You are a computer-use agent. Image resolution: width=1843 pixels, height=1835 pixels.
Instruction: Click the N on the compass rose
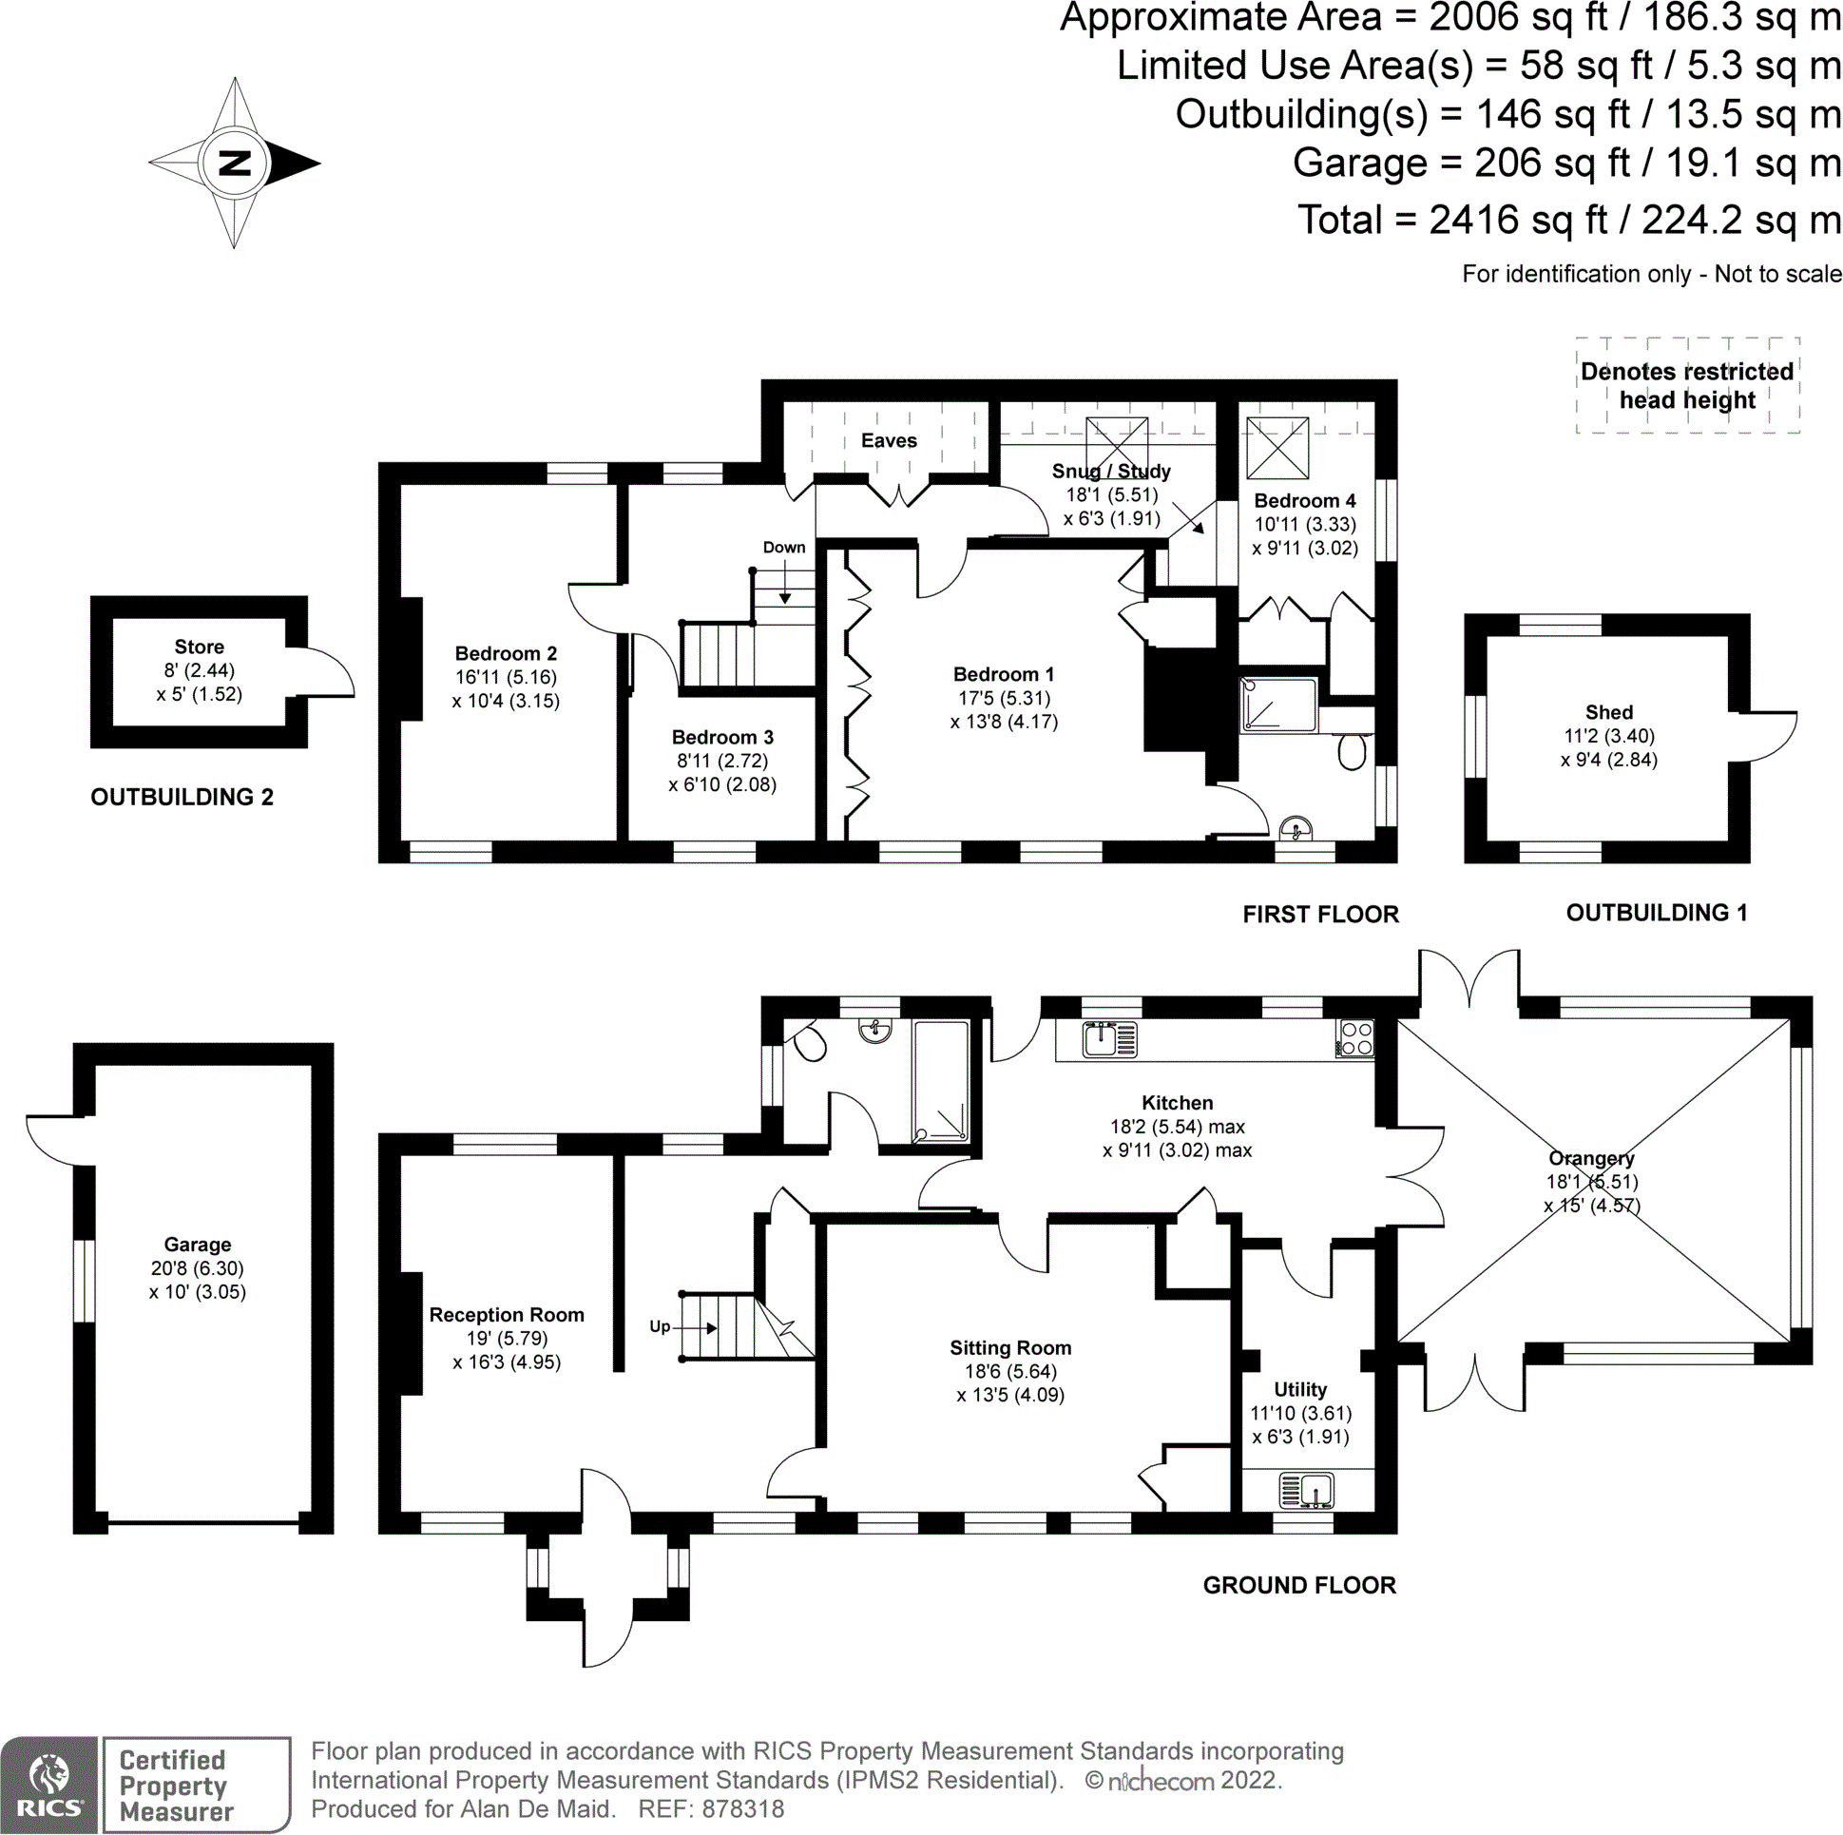235,164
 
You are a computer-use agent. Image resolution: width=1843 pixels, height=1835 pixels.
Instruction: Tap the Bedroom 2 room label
506,653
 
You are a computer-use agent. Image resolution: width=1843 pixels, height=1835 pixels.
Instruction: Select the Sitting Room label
1010,1347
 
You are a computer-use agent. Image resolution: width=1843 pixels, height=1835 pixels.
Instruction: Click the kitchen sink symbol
1110,1039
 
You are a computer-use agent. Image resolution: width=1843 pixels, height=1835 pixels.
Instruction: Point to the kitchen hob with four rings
1355,1038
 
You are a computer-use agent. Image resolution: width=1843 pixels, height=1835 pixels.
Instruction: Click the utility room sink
1305,1490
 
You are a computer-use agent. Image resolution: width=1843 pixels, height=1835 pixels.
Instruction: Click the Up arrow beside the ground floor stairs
697,1327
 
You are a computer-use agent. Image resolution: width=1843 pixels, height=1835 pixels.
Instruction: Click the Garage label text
198,1245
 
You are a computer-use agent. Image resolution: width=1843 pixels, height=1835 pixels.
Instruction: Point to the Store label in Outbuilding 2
200,647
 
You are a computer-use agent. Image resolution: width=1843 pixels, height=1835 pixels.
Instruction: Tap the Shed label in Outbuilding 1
1609,712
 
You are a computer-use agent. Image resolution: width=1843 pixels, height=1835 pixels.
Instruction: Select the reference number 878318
743,1809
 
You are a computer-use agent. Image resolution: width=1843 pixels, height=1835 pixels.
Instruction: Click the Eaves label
889,441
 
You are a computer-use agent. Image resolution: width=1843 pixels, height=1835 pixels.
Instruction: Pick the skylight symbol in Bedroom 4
1277,448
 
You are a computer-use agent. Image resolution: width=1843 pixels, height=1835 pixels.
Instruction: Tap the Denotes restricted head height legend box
1687,385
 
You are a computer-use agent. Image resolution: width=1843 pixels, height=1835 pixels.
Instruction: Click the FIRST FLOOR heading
1320,914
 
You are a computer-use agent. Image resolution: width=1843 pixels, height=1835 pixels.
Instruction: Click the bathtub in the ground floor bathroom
942,1081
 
